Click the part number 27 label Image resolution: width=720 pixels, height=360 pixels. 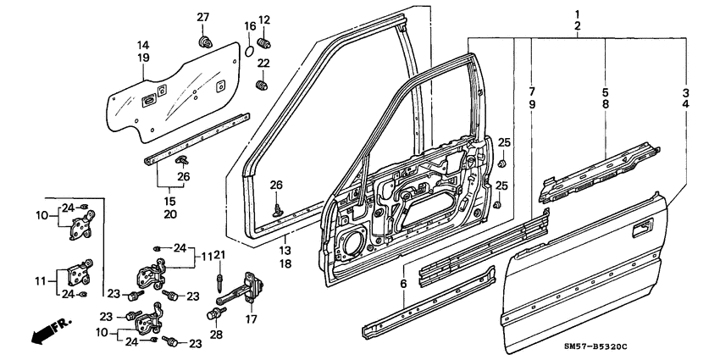point(202,18)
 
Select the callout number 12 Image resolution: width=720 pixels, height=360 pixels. point(263,19)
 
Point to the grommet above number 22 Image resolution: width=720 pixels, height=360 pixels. point(262,84)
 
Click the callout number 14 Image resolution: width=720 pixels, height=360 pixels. point(142,45)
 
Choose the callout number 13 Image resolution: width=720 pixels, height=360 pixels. point(284,251)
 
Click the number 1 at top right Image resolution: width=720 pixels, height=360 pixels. point(578,14)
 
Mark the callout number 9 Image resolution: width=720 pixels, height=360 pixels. point(532,103)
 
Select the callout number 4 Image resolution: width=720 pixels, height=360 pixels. point(686,103)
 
